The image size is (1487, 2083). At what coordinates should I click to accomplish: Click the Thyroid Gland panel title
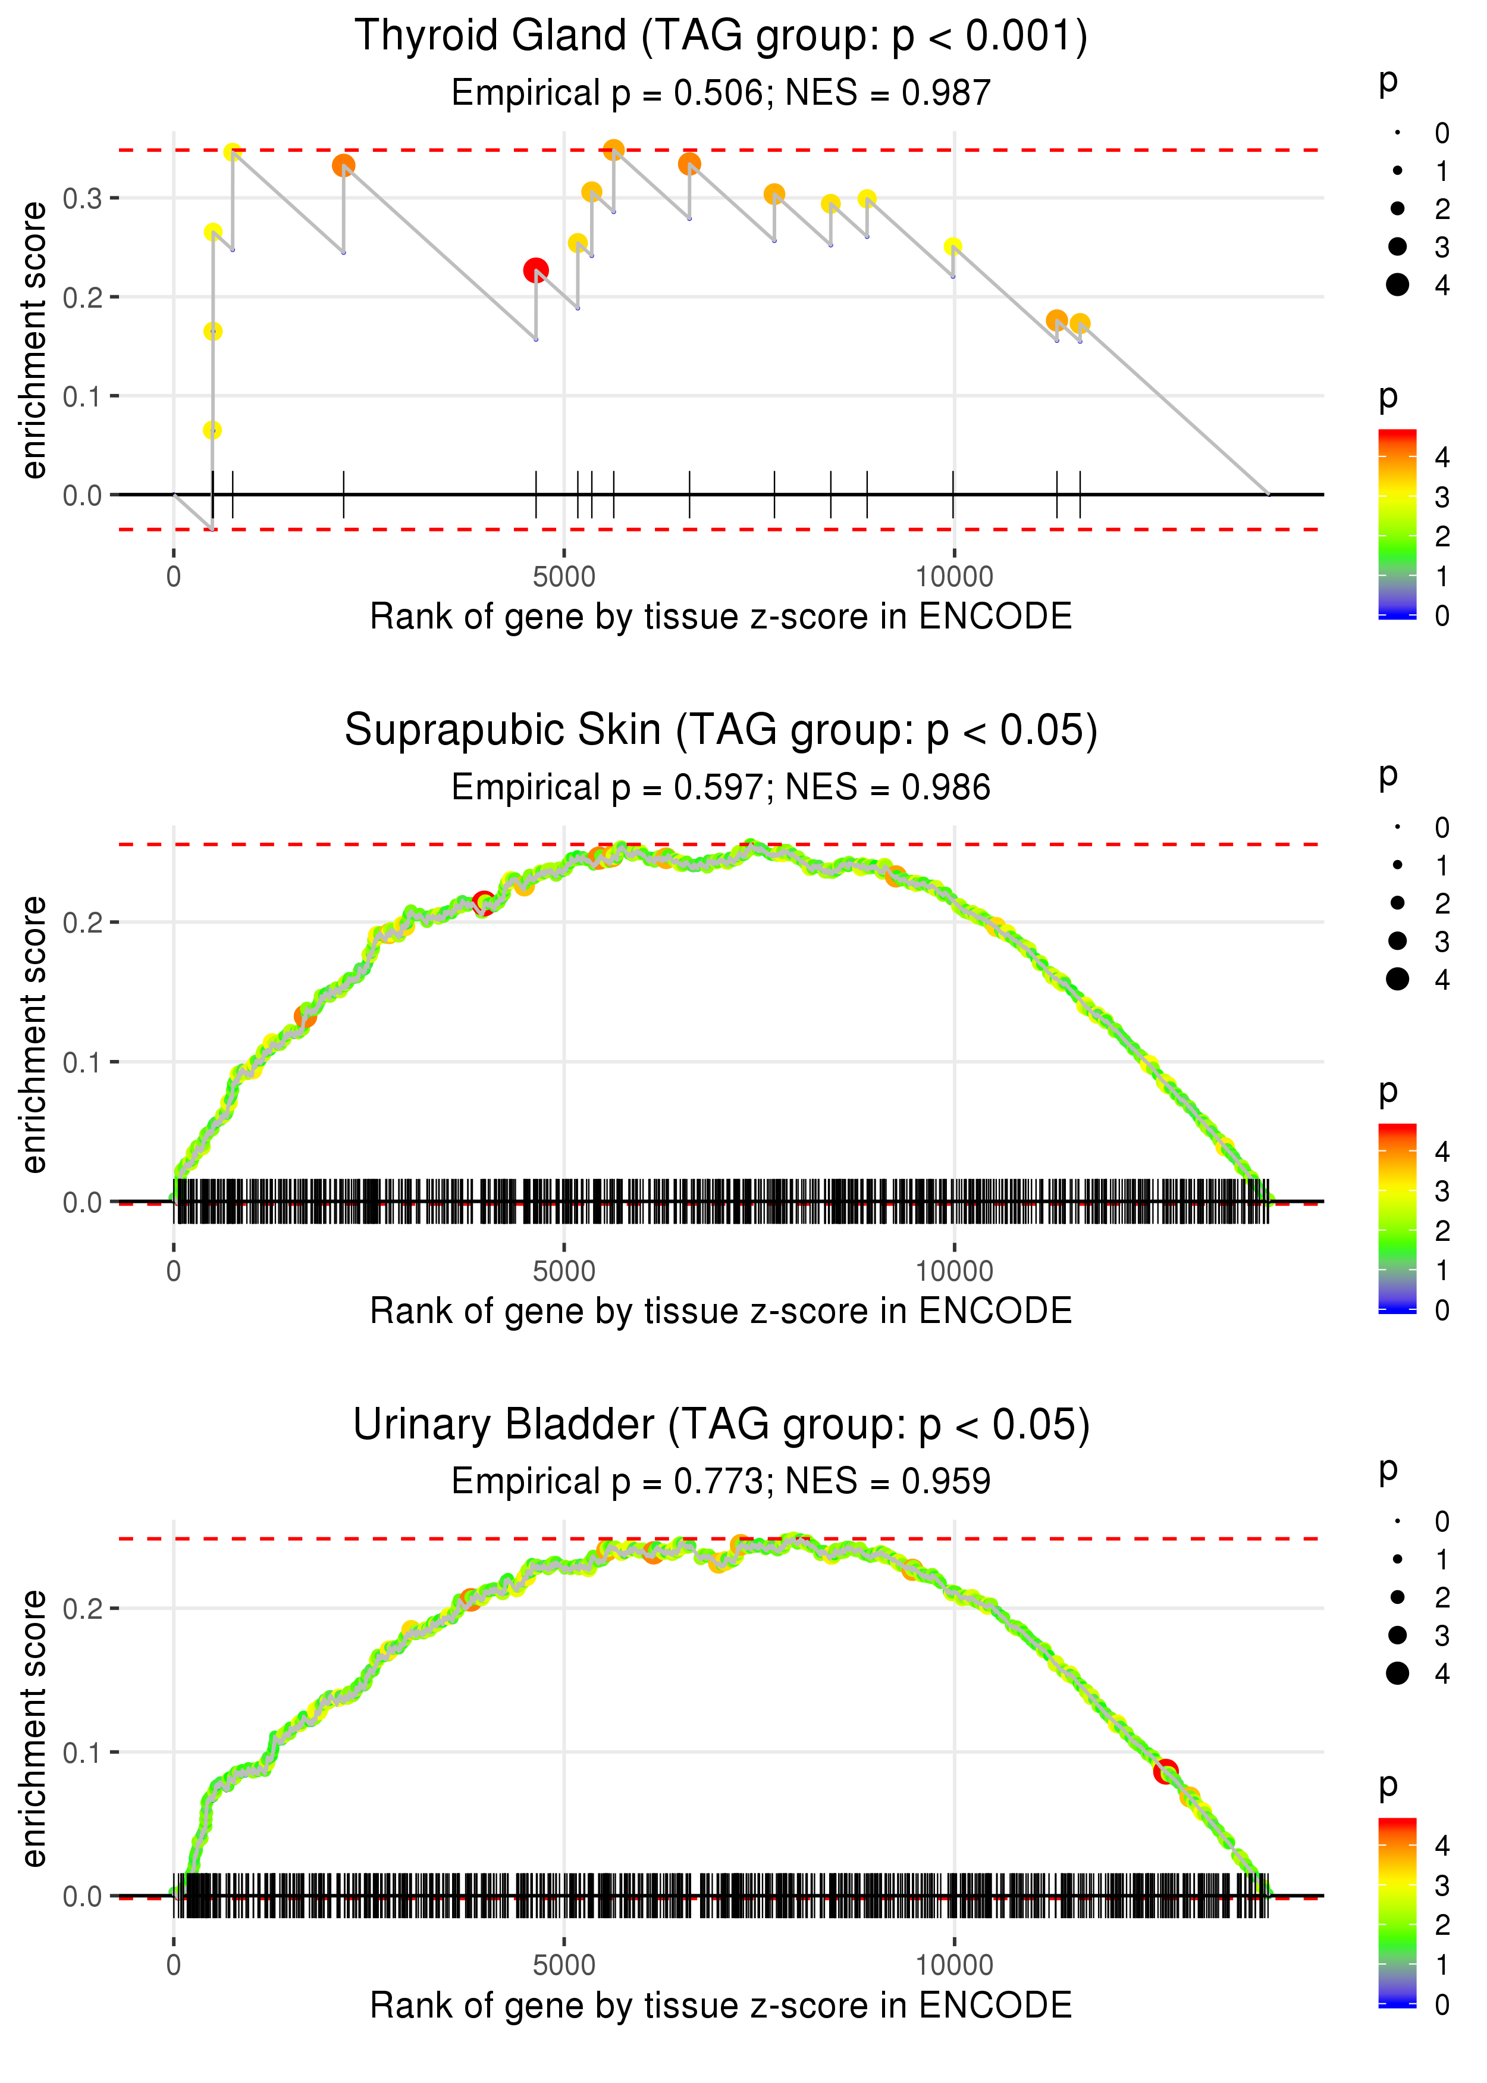721,37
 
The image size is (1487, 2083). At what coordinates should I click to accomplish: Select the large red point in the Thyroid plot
536,270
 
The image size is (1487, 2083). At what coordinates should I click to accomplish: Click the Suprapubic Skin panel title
721,731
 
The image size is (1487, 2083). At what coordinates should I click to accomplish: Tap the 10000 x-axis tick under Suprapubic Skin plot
954,1271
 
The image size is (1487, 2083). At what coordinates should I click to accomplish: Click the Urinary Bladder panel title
721,1425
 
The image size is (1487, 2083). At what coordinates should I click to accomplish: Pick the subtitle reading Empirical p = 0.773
721,1481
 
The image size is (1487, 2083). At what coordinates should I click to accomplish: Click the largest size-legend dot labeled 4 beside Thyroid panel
1397,285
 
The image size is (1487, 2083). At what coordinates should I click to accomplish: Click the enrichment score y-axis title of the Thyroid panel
34,341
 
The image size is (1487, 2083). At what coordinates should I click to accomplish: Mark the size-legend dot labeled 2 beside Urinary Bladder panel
1397,1597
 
